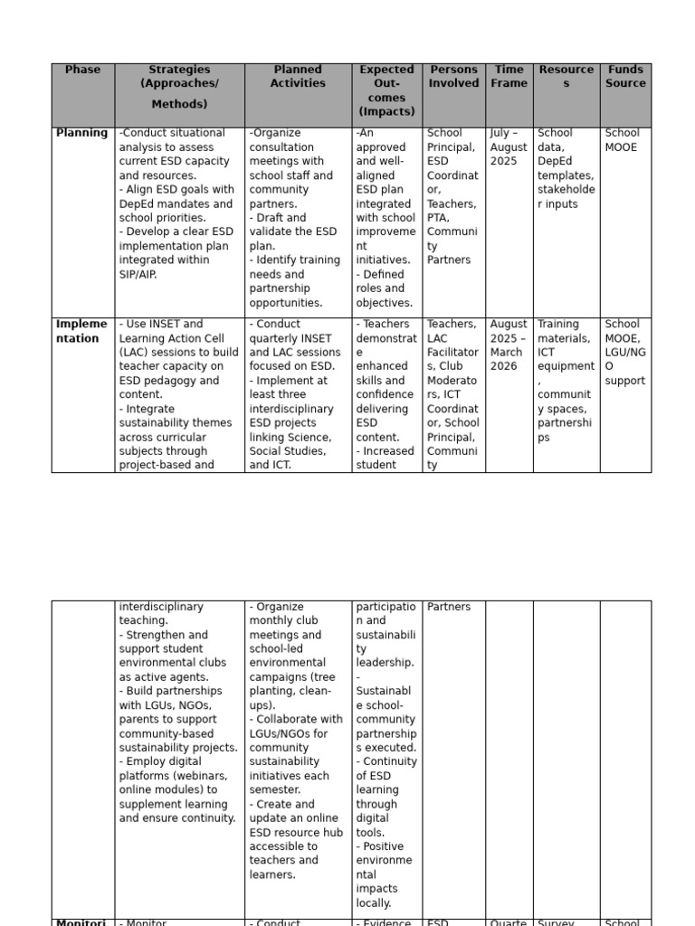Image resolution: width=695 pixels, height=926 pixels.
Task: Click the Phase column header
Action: click(82, 70)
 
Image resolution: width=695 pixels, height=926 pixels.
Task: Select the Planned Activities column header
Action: click(298, 76)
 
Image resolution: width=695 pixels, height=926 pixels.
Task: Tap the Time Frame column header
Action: click(509, 76)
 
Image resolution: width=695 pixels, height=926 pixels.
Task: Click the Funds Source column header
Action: click(625, 76)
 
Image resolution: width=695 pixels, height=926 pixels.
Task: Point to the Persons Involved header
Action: click(453, 76)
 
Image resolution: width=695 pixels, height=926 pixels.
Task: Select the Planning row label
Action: click(81, 133)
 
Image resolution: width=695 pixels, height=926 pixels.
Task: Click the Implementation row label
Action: click(81, 331)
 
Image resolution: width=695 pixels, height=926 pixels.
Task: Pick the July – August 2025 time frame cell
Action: click(509, 146)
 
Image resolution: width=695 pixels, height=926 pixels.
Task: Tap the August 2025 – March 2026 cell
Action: click(509, 345)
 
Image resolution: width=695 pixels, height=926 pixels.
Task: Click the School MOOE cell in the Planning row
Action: click(622, 140)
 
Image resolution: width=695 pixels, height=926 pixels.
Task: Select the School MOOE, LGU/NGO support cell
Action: click(624, 352)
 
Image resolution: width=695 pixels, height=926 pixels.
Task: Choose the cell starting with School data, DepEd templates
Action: click(566, 168)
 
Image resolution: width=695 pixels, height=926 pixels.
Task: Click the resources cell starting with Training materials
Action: click(566, 380)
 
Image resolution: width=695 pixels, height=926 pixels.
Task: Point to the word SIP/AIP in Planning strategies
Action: click(138, 274)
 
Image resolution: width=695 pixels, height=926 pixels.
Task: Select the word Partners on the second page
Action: click(449, 607)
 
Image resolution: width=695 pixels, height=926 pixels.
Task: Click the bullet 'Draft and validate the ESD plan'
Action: click(295, 231)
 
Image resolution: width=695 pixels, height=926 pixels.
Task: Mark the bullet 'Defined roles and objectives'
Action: click(385, 288)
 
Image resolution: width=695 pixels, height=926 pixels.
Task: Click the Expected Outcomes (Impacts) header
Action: click(386, 90)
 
